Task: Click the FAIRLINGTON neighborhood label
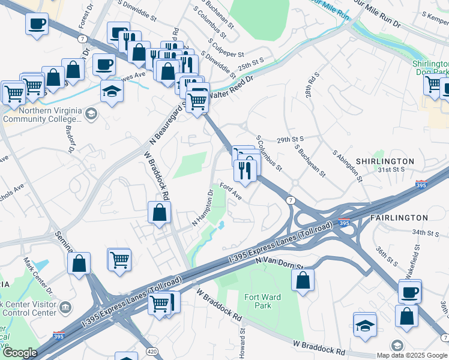399,218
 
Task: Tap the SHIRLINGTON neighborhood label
385,161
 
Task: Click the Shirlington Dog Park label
430,68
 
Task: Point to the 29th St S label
291,139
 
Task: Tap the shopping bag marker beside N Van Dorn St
303,280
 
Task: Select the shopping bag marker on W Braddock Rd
160,212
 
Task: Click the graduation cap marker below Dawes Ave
112,92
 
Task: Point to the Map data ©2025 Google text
412,355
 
